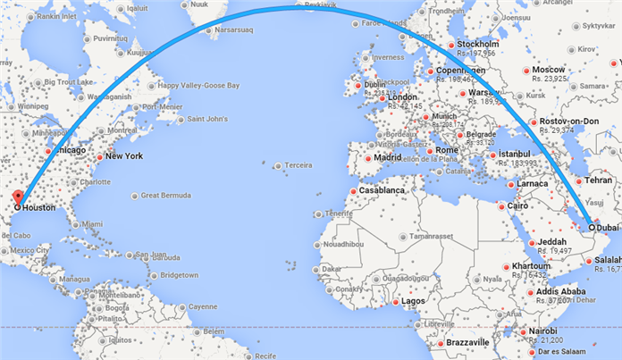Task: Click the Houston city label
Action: (x=41, y=206)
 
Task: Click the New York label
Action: (x=124, y=156)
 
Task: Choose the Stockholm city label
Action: (x=477, y=44)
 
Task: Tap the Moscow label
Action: (x=549, y=70)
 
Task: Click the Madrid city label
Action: (x=388, y=158)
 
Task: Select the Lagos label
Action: (x=414, y=302)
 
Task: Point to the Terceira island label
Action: (x=299, y=165)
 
